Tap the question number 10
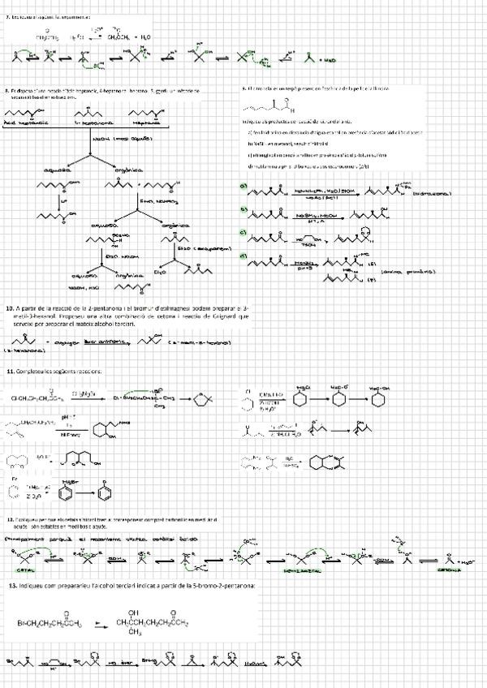9,309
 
